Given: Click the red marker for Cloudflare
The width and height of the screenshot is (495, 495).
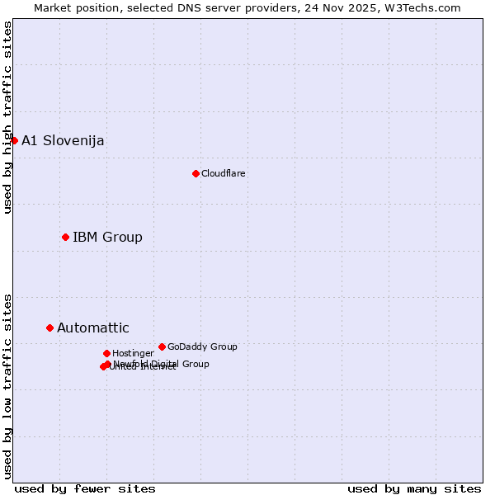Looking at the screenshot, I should click(196, 173).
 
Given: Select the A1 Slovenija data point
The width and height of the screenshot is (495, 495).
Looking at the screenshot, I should click(14, 140).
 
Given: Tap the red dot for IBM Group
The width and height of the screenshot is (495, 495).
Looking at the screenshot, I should click(65, 237).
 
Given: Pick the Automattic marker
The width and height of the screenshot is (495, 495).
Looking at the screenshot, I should click(49, 328).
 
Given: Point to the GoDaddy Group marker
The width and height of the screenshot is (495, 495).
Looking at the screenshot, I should click(162, 346).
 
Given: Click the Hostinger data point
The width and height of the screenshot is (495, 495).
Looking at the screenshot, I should click(106, 353).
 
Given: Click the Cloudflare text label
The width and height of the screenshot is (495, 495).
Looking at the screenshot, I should click(224, 173).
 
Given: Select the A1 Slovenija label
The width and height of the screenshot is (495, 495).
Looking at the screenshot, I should click(63, 140).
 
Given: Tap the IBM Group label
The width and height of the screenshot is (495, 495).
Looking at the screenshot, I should click(107, 238).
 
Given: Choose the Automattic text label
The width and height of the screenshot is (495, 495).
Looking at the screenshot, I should click(93, 328).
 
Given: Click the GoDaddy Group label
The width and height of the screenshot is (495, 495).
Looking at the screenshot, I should click(202, 346).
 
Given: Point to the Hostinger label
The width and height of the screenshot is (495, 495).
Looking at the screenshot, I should click(133, 353).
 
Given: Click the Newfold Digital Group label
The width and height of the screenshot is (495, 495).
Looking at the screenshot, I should click(162, 364).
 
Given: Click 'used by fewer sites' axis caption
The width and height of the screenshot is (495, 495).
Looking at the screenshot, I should click(85, 488).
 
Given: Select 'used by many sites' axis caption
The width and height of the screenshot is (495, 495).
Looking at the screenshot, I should click(414, 488).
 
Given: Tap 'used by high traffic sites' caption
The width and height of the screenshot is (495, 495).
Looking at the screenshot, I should click(8, 117).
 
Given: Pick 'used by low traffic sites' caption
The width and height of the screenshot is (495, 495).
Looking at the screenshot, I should click(8, 386).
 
